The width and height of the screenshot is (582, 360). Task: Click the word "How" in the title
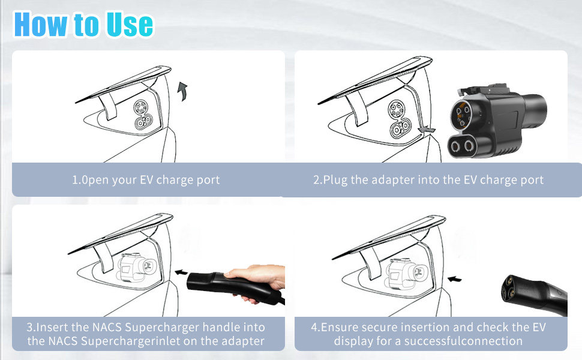point(41,25)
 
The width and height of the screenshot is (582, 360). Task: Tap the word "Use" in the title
point(129,25)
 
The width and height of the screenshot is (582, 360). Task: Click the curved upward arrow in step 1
point(182,91)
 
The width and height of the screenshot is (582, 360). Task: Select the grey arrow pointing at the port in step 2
point(427,130)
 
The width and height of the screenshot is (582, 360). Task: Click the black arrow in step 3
point(181,272)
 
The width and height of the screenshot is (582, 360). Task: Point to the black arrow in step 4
point(455,279)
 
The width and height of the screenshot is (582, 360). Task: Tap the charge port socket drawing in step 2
point(399,118)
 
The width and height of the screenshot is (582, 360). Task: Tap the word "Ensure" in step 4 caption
point(340,328)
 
